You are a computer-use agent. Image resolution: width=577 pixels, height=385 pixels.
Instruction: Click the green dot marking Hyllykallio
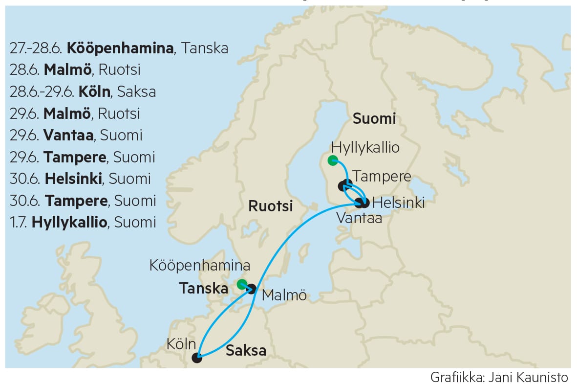coord(333,160)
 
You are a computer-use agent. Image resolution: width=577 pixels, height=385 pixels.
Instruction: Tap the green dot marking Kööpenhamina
coord(241,284)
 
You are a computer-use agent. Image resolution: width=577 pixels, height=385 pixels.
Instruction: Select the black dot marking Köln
coord(197,358)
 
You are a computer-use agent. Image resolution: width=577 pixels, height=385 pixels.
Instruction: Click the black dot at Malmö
coord(252,289)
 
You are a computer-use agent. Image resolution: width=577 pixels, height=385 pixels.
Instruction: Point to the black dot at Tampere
coord(343,185)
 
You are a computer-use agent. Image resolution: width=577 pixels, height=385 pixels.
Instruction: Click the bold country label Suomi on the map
coord(374,119)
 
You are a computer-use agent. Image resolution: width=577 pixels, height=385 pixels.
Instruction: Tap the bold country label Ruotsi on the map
coord(271,206)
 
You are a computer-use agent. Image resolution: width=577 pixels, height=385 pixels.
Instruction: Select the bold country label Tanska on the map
coord(204,289)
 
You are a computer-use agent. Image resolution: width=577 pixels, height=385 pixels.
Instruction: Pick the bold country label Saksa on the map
coord(246,351)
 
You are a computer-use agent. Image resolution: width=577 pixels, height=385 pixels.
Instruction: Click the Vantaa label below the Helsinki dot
coord(359,219)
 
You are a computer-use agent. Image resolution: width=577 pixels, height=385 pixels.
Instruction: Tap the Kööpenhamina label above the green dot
coord(200,266)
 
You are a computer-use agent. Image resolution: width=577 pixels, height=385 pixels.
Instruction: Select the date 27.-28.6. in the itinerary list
coord(36,48)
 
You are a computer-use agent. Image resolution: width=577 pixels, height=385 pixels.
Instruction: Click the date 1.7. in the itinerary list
coord(19,223)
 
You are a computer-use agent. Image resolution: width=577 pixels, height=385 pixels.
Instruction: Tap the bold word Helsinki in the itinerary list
coord(73,179)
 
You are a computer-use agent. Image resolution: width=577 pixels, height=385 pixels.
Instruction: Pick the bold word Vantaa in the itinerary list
coord(68,136)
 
